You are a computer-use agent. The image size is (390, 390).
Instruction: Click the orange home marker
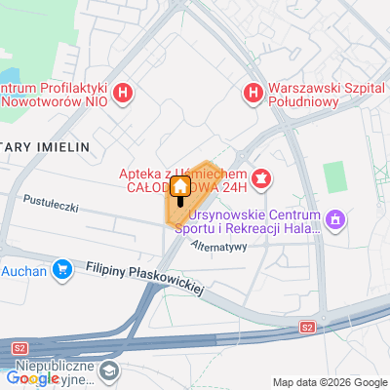coord(180,186)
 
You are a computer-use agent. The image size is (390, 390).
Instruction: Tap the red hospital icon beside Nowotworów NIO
coord(123,94)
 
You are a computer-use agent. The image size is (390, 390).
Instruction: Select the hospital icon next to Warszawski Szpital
coord(252,94)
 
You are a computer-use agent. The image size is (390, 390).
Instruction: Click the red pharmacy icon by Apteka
coord(261,177)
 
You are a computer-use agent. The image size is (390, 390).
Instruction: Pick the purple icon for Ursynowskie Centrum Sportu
coord(336,220)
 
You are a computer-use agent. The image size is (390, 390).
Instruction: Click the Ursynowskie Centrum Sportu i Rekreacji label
coord(253,219)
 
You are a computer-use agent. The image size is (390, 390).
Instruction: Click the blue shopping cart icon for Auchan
coord(63,268)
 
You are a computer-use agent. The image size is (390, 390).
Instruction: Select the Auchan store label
coord(24,270)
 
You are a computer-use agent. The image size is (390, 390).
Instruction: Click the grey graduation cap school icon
coord(110,370)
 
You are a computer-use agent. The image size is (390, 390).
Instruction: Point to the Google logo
coord(32,378)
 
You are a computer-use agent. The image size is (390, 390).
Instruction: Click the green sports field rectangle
coord(335,175)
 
